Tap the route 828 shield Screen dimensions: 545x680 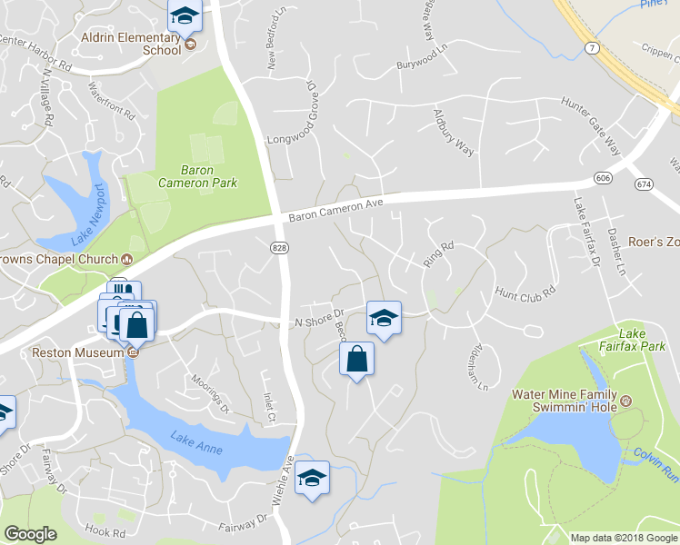point(279,246)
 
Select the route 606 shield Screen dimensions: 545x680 point(602,175)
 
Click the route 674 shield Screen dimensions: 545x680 point(645,184)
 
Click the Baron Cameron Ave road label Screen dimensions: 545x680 point(336,210)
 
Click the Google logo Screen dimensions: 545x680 point(30,534)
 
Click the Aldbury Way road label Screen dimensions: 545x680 point(454,133)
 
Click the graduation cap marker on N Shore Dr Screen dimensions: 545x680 point(384,317)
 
